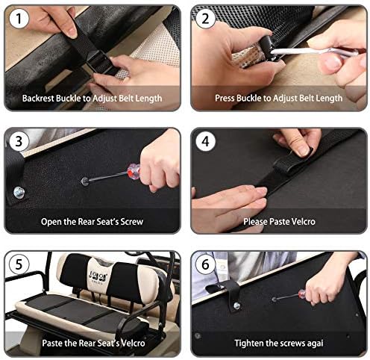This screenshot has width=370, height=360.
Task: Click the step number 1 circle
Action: (19, 18)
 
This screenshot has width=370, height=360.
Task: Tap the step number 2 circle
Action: (205, 18)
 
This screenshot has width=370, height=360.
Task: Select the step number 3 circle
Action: (19, 141)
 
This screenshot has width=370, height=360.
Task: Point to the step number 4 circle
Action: (205, 141)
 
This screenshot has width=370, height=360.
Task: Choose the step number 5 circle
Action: (19, 264)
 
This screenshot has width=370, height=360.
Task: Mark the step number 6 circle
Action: (205, 264)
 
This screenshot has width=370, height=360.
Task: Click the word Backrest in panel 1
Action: (38, 98)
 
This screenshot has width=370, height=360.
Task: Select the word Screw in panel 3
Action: (132, 222)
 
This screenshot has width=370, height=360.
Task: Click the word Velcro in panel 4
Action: (304, 222)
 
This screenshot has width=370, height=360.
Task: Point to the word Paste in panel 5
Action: (52, 343)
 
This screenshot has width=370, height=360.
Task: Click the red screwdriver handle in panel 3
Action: (134, 171)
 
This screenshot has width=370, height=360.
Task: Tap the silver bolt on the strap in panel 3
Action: (19, 193)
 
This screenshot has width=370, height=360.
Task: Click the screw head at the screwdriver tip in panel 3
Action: (85, 181)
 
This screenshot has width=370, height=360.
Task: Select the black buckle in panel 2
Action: (269, 48)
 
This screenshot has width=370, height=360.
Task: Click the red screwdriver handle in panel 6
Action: (302, 294)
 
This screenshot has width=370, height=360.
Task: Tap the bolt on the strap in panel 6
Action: (237, 305)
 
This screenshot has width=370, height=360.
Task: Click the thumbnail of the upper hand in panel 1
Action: (72, 33)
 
